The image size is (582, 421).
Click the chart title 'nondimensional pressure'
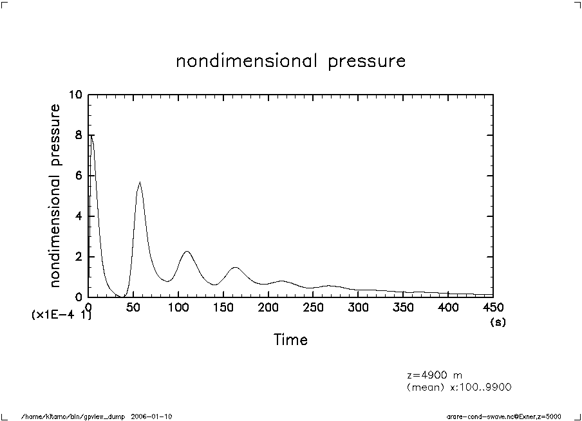click(291, 62)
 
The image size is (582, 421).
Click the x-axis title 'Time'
click(290, 339)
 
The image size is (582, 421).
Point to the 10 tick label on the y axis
click(77, 95)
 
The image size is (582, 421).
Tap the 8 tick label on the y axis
click(79, 136)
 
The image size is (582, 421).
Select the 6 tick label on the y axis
click(79, 176)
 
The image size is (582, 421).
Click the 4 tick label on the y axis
click(79, 217)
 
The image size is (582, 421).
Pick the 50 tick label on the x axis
click(133, 306)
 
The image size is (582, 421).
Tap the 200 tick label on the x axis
click(268, 306)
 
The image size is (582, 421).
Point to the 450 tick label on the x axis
click(493, 306)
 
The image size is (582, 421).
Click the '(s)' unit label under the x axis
click(498, 322)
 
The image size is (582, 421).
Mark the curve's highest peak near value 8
click(91, 135)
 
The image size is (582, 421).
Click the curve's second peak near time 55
click(139, 182)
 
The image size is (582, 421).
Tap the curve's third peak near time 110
click(187, 251)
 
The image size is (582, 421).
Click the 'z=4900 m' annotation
click(435, 375)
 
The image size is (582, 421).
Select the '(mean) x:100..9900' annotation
click(459, 386)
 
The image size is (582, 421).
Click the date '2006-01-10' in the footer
click(151, 416)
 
